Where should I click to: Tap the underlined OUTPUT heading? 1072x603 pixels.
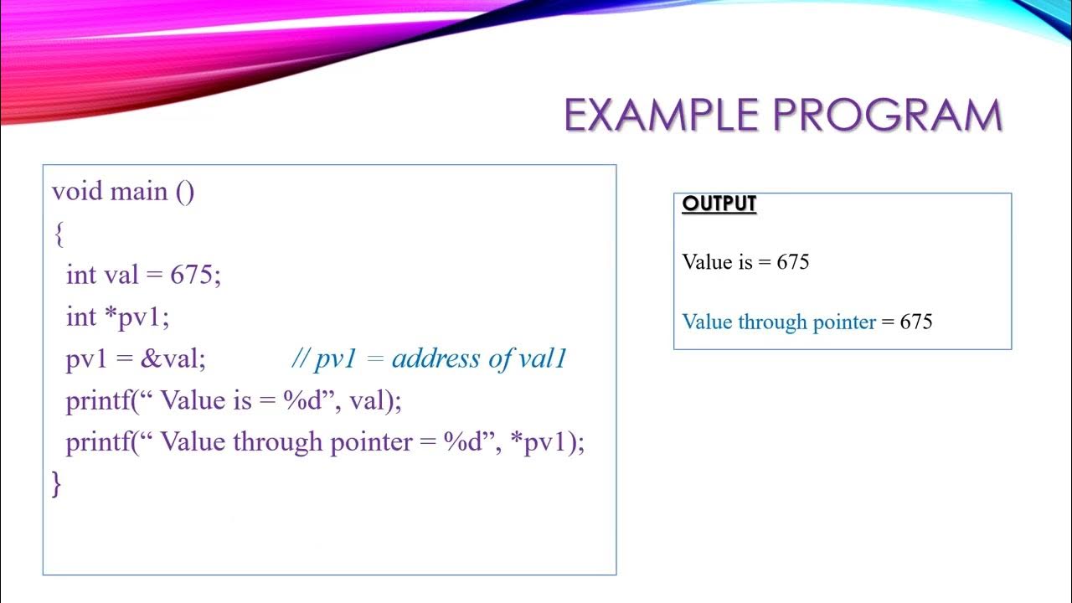tap(719, 204)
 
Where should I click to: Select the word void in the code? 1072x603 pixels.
tap(77, 192)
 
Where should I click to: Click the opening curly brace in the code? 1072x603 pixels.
tap(58, 235)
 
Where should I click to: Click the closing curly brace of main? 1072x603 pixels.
tap(57, 483)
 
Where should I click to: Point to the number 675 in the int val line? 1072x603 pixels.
tap(192, 275)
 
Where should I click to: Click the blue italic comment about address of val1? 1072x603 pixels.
tap(429, 358)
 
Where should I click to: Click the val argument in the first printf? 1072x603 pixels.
tap(367, 400)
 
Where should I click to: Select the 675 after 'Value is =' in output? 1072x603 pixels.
tap(792, 262)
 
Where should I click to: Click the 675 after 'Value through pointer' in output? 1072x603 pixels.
tap(915, 322)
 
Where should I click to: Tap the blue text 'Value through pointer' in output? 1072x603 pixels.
tap(779, 322)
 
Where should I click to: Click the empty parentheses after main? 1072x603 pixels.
tap(185, 192)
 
